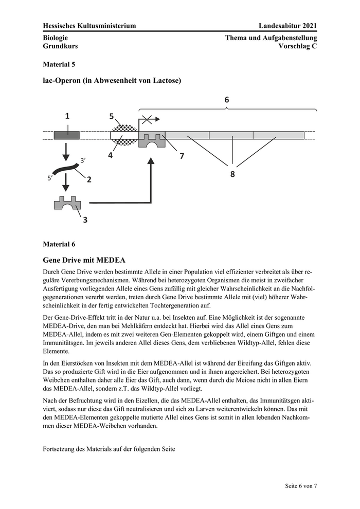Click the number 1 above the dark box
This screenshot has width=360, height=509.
67,117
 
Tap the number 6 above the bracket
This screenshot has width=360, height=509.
227,100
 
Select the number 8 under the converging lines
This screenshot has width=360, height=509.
232,174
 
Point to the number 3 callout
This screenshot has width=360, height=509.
85,220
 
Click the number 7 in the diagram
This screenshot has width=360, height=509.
182,156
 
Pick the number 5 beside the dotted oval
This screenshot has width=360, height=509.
112,117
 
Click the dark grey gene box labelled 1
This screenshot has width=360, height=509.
66,135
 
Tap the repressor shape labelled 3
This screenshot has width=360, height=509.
67,204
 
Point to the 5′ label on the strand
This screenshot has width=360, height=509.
50,178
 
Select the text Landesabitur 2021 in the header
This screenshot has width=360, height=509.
288,26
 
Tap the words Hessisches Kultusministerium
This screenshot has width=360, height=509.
89,26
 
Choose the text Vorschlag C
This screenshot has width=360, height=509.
297,46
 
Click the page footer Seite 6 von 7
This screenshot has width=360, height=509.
301,485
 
